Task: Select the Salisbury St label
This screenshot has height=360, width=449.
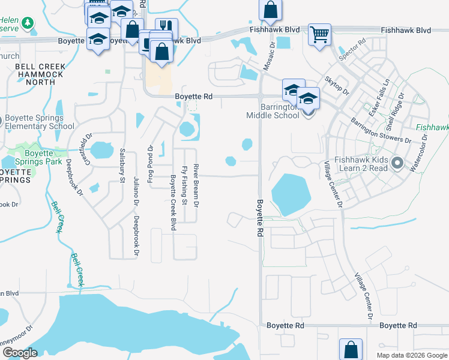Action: click(122, 165)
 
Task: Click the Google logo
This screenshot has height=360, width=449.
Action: click(21, 353)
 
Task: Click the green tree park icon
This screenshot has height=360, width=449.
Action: click(27, 23)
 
